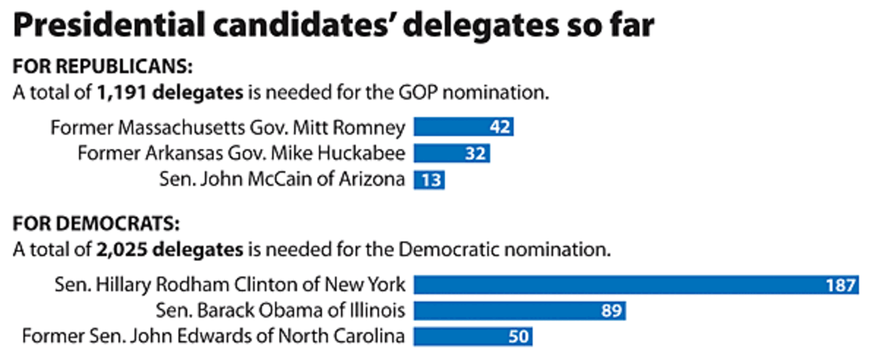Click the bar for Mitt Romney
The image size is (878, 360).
[x=463, y=127]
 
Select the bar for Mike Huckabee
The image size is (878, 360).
[x=451, y=154]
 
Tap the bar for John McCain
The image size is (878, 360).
[x=429, y=179]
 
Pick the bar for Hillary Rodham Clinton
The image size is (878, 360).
[x=635, y=285]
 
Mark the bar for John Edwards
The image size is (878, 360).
[x=473, y=337]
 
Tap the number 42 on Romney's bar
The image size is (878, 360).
[x=500, y=128]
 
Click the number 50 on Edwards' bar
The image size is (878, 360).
[x=517, y=337]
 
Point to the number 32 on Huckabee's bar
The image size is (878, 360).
[x=476, y=154]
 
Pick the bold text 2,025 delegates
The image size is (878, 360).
[x=169, y=250]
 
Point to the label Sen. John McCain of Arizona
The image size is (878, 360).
[x=282, y=180]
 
